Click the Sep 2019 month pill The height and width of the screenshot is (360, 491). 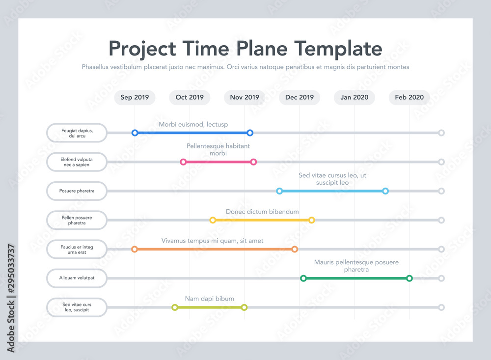click(x=135, y=97)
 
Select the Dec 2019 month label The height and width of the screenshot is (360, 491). click(x=300, y=97)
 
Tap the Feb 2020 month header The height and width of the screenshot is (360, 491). click(x=409, y=97)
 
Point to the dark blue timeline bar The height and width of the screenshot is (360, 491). click(x=192, y=133)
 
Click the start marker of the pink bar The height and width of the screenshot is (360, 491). click(x=183, y=162)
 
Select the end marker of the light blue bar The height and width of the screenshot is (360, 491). click(x=385, y=191)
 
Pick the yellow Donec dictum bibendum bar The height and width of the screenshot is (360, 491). click(x=262, y=220)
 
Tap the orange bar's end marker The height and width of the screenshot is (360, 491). click(x=295, y=249)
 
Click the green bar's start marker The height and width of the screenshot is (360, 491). click(x=303, y=278)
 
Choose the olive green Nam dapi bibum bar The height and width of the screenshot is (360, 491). click(x=209, y=307)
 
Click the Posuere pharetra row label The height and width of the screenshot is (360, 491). click(x=77, y=191)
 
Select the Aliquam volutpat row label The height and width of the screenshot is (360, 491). click(x=77, y=278)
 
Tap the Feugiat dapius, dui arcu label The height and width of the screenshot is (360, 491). click(x=77, y=133)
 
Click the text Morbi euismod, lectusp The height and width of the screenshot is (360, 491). click(x=193, y=124)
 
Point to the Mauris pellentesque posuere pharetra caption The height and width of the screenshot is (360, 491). click(x=356, y=266)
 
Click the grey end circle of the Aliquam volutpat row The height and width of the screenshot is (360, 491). click(x=441, y=278)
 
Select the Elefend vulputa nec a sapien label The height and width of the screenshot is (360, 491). click(x=77, y=162)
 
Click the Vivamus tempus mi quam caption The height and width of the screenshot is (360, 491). click(x=212, y=241)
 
